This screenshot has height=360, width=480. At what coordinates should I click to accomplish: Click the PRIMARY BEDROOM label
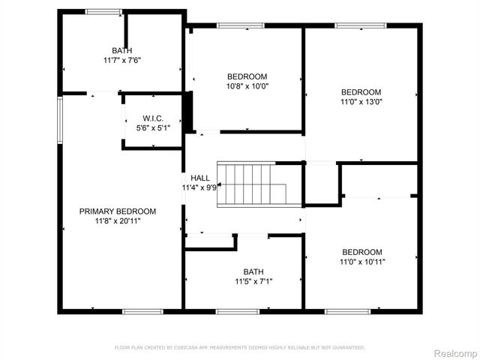point(118,211)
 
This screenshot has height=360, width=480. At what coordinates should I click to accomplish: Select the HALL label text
point(200,178)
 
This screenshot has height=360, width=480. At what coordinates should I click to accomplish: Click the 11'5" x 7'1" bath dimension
point(253,282)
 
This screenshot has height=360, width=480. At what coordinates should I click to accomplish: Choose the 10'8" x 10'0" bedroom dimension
point(247,86)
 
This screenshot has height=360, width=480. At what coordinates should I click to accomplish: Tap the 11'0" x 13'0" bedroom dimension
point(361,102)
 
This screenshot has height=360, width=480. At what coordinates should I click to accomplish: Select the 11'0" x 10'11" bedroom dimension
point(362,262)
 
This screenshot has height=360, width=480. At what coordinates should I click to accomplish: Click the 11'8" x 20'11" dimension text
point(118,221)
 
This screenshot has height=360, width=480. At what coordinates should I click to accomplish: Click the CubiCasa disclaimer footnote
point(239,347)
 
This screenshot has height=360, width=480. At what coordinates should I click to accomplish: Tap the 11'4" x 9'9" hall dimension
point(199,187)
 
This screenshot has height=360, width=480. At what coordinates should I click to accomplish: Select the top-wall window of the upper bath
point(103,11)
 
